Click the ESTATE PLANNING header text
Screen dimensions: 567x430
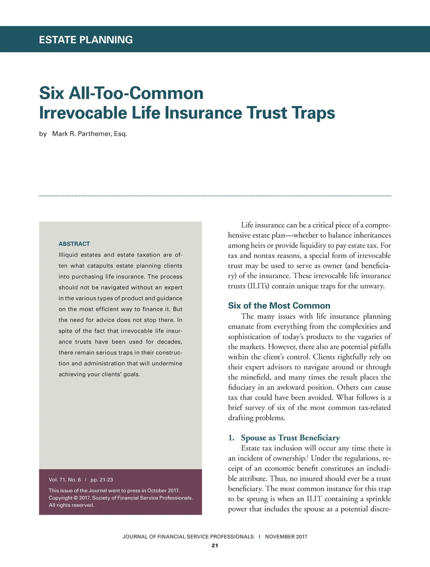coord(86,40)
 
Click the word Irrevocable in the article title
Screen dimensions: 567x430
coord(83,113)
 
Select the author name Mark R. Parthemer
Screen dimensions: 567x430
coord(90,134)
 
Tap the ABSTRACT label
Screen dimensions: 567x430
coord(74,244)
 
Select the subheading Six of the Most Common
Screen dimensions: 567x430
coord(279,306)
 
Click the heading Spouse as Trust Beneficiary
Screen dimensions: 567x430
coord(290,438)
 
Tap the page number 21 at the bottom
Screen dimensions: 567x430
coord(215,546)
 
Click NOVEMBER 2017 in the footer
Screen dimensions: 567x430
coord(286,537)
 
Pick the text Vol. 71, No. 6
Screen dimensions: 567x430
coord(65,480)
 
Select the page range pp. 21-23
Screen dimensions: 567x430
coord(102,480)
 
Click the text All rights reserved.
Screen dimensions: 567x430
coord(71,505)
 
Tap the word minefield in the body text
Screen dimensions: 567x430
coord(256,377)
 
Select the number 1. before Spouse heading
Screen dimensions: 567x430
coord(231,438)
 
